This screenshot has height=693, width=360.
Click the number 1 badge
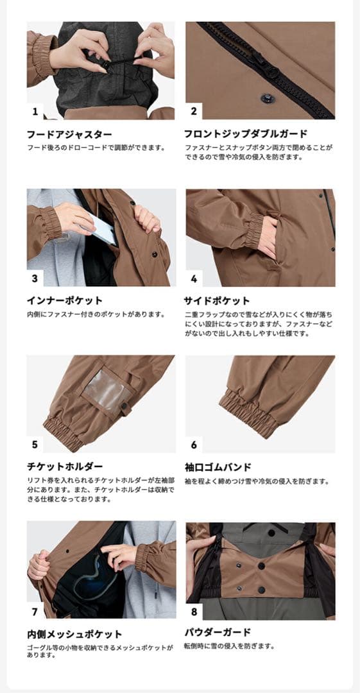[x=35, y=111]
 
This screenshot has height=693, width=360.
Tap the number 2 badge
[x=194, y=111]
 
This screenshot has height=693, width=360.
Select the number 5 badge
[x=35, y=444]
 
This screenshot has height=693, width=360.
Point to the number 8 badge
[x=194, y=611]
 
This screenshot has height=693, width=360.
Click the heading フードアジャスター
[x=69, y=134]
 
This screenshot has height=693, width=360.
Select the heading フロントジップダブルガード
[x=245, y=134]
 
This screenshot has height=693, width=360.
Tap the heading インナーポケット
[x=64, y=300]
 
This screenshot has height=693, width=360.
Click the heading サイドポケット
[x=217, y=300]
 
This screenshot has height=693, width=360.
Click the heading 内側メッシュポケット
[x=74, y=634]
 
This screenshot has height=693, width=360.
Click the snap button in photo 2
[x=266, y=98]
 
